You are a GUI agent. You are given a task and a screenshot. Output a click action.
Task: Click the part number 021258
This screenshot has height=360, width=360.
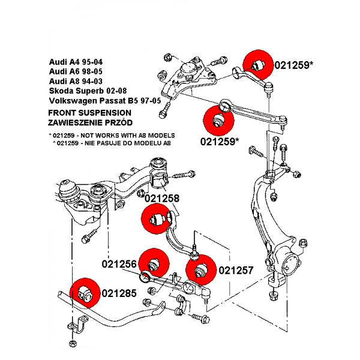(162, 198)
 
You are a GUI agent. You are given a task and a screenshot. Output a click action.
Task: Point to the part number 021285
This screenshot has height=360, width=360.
(119, 293)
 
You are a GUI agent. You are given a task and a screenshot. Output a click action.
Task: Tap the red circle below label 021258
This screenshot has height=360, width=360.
(157, 220)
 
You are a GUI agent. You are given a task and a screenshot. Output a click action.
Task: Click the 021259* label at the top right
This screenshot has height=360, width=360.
(294, 64)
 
